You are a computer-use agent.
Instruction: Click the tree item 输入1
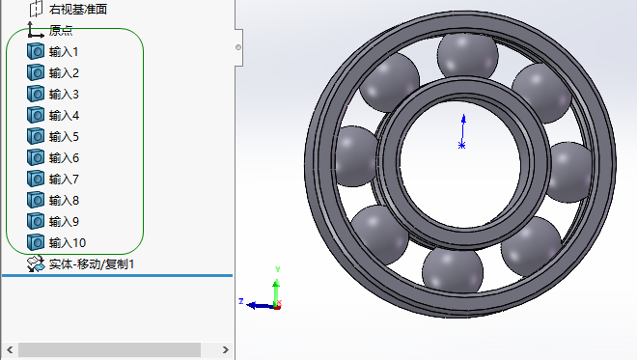pos(64,52)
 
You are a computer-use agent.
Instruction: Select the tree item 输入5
pos(64,137)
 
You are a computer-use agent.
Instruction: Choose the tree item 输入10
pos(68,243)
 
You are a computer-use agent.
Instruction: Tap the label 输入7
pos(64,180)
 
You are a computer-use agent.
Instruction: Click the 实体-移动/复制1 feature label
pos(92,264)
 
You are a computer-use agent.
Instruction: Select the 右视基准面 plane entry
pos(78,10)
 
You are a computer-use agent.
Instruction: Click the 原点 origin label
pos(61,31)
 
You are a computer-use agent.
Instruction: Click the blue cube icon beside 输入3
pos(36,94)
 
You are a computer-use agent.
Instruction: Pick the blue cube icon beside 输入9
pos(36,221)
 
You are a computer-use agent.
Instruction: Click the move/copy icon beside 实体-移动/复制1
pos(36,263)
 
